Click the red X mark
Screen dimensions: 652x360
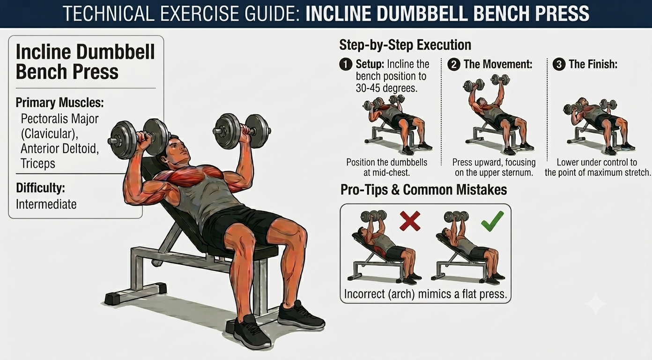click(410, 221)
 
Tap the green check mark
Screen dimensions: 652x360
click(492, 221)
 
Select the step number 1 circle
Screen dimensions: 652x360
click(346, 64)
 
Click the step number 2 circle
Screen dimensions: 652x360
click(454, 64)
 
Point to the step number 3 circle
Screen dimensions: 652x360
click(559, 64)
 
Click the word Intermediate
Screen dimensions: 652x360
click(46, 204)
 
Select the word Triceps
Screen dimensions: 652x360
click(38, 164)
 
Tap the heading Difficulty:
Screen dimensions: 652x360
click(40, 188)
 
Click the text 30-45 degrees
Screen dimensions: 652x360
click(386, 88)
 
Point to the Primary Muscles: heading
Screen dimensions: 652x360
click(59, 103)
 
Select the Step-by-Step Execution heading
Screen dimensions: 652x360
click(405, 45)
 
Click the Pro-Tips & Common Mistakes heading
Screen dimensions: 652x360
click(423, 190)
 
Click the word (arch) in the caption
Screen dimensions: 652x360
click(401, 294)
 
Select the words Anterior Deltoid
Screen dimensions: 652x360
click(59, 149)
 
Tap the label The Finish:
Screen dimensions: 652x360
click(593, 64)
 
